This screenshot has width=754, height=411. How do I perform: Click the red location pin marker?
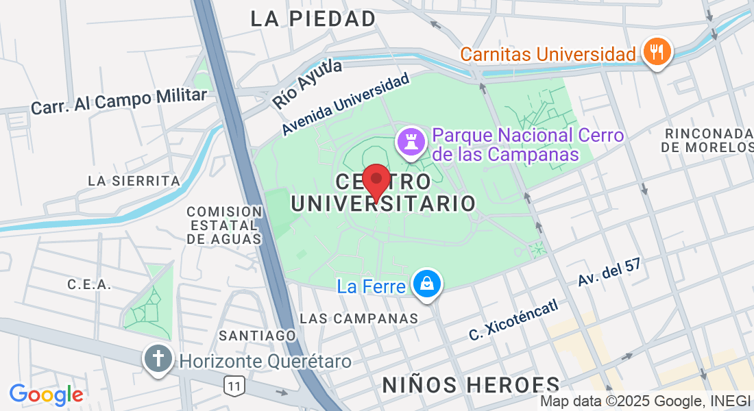[376, 180]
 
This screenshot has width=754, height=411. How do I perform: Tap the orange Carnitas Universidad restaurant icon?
[657, 51]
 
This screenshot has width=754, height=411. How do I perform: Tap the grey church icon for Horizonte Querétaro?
[158, 359]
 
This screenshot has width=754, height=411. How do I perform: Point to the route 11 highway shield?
[234, 386]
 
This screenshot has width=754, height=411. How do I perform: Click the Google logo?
[46, 395]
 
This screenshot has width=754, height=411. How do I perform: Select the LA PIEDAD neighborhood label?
[313, 18]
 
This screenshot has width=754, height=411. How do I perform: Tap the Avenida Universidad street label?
[345, 104]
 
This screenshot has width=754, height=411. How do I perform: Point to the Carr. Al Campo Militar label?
[119, 101]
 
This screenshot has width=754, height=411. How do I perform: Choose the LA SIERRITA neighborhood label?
[134, 181]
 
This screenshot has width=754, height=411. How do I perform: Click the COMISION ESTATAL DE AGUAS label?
[224, 225]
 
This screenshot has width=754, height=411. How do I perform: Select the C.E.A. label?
[89, 284]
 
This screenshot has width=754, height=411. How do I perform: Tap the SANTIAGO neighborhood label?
[257, 335]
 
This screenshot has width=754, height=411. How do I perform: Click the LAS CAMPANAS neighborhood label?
[359, 319]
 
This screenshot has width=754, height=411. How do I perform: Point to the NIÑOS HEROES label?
[471, 384]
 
